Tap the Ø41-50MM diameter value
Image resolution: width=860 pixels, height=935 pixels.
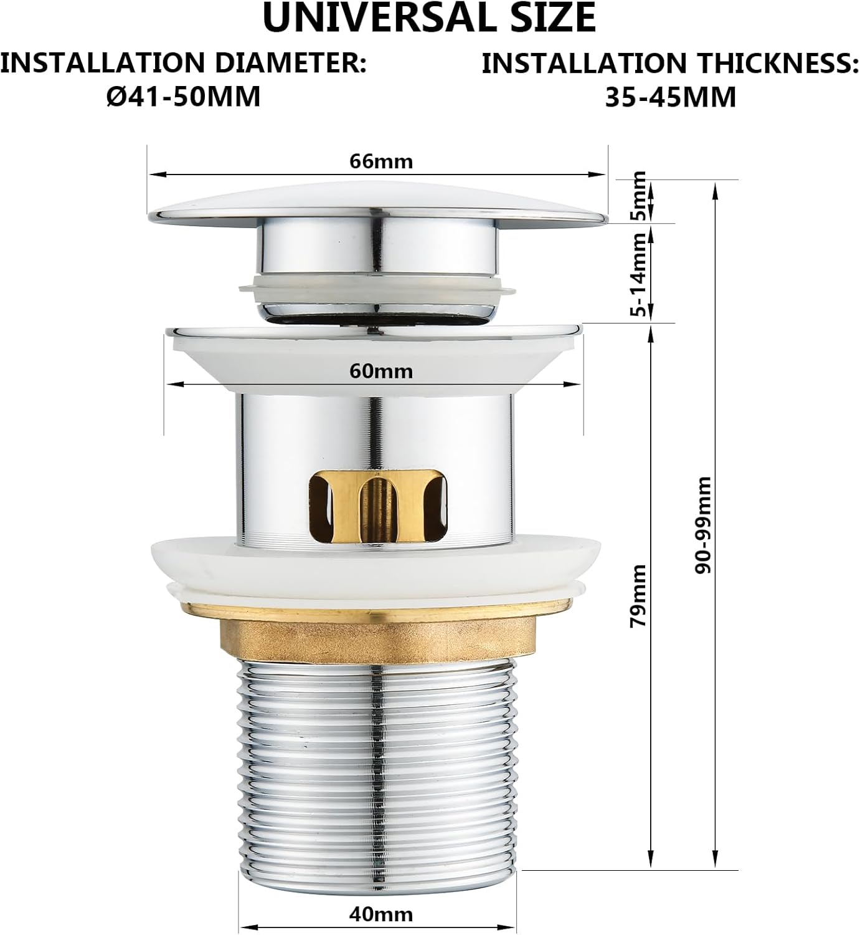pos(184,97)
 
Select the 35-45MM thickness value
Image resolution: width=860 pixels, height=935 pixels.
pos(671,97)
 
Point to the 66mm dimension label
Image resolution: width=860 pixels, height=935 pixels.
pos(381,161)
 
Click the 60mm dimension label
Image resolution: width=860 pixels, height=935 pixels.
pos(381,372)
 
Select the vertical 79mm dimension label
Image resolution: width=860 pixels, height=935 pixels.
pos(638,596)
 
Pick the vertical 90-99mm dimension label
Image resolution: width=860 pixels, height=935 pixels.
pos(703,525)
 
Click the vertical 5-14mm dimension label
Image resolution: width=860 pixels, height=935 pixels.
pos(638,274)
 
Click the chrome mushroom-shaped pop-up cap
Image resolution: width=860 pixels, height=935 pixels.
pos(378,205)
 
